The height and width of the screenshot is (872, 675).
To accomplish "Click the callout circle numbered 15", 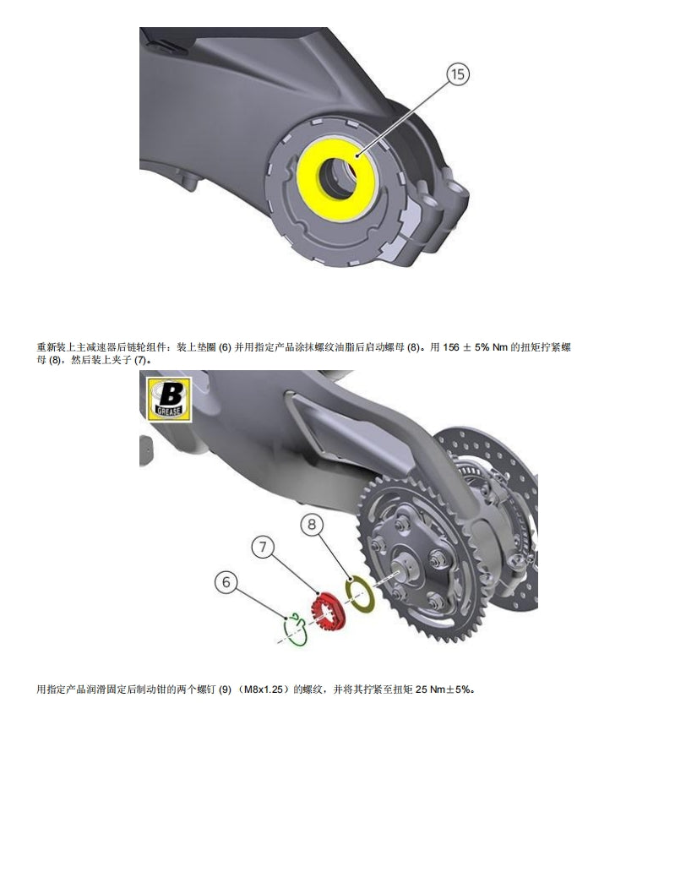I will (x=457, y=75).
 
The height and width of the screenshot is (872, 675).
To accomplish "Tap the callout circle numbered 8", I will (x=312, y=526).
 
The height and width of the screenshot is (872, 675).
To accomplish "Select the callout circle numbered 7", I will (x=264, y=548).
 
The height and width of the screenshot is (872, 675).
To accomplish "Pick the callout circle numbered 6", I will (x=226, y=581).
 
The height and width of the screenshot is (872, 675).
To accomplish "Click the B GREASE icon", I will (x=171, y=398).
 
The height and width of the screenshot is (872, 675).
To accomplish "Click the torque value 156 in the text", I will (x=452, y=348).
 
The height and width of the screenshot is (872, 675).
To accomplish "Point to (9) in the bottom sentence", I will (x=224, y=689).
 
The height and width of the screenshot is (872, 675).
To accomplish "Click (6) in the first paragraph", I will (x=225, y=348).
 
